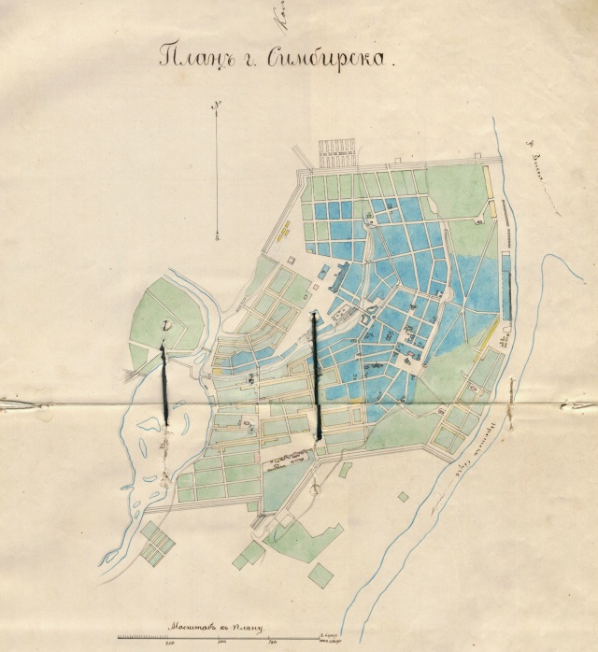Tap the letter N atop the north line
216,105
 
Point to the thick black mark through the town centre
317,374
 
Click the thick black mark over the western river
164,383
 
